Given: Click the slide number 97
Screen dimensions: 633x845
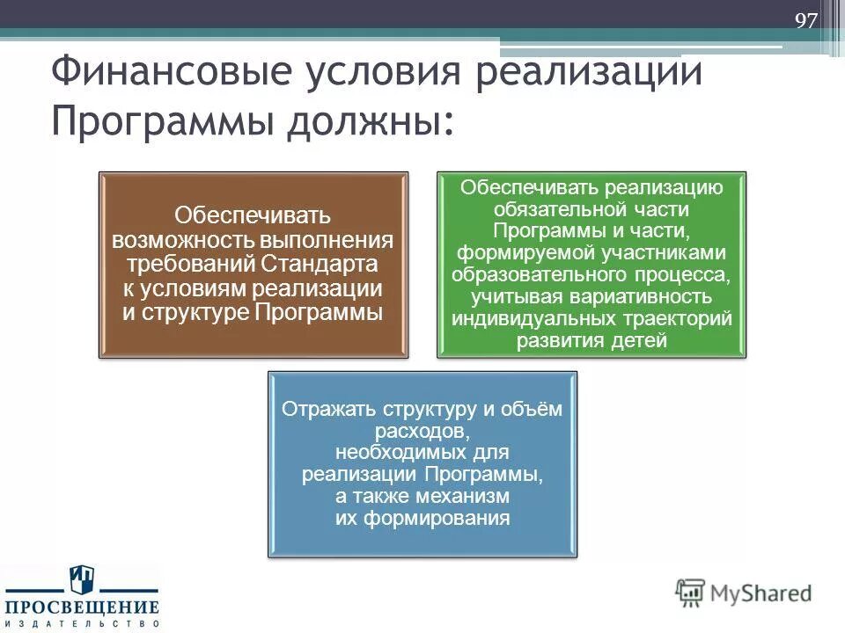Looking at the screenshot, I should click(x=806, y=21).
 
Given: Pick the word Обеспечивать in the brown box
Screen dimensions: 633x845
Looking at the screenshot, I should click(x=252, y=215).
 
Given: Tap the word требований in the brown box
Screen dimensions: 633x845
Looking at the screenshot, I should click(x=191, y=264).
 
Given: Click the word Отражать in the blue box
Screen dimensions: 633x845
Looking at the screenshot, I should click(x=328, y=410).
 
